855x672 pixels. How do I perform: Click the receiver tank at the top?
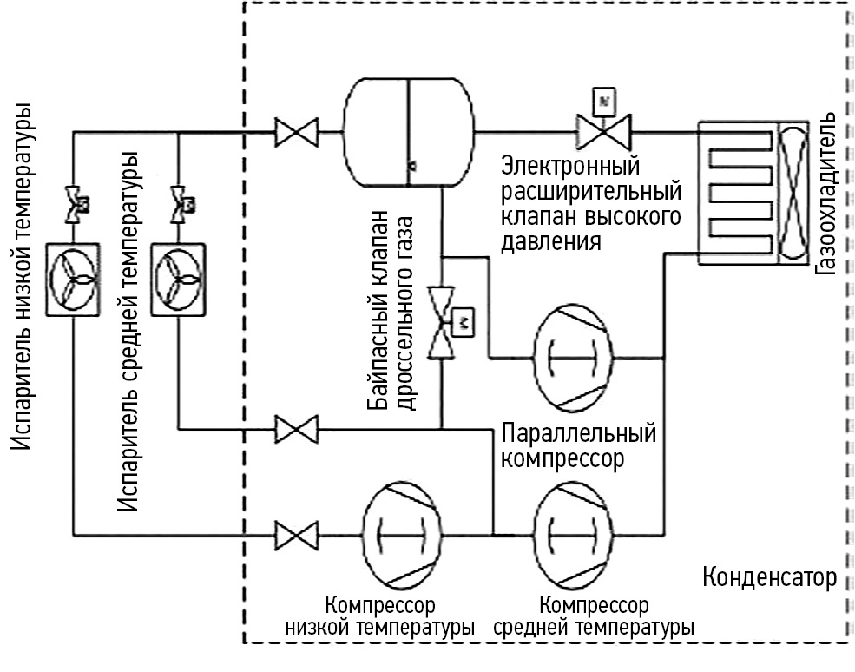pos(409,132)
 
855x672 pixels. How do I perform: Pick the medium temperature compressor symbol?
pos(578,530)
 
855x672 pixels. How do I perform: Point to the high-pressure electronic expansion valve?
pos(605,133)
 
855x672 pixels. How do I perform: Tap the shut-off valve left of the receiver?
pos(295,133)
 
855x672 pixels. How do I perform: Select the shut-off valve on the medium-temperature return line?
pos(295,428)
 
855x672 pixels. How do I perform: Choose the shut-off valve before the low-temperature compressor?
pos(295,530)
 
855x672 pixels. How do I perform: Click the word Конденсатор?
pos(768,578)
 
